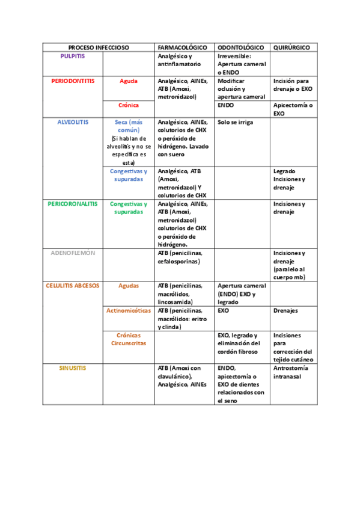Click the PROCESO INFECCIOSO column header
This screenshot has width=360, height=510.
(x=99, y=47)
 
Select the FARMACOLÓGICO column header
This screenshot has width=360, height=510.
(x=182, y=47)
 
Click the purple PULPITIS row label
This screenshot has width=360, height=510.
(x=73, y=55)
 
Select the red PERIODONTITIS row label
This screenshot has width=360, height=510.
(x=73, y=81)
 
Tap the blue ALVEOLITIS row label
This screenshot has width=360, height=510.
(x=73, y=121)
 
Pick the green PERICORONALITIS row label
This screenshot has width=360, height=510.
(x=73, y=204)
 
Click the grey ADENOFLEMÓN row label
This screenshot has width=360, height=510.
(x=73, y=253)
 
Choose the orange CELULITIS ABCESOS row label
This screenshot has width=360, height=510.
(x=73, y=286)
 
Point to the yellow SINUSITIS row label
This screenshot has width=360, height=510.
(x=73, y=367)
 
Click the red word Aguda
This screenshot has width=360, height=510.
(x=129, y=81)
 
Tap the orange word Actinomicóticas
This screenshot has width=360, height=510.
(x=129, y=310)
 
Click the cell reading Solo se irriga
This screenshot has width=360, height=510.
(x=236, y=121)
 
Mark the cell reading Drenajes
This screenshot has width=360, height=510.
(x=286, y=310)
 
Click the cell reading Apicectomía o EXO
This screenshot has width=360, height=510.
(x=293, y=109)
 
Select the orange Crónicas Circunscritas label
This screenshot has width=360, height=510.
(x=129, y=339)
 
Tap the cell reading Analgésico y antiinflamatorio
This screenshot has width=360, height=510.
(x=179, y=60)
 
